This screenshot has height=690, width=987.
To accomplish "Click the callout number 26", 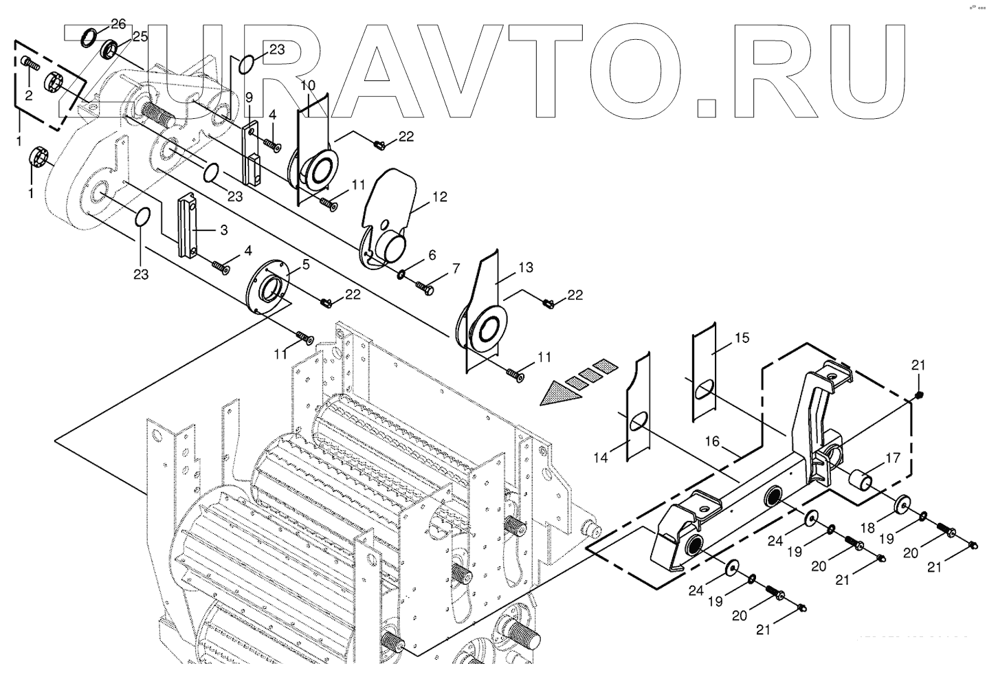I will (x=118, y=24).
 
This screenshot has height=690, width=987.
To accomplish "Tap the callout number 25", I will (x=140, y=36).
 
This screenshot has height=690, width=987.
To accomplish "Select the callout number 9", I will (x=249, y=97).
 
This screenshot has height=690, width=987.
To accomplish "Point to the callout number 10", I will (x=307, y=85).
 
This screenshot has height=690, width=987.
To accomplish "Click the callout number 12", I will (x=440, y=197).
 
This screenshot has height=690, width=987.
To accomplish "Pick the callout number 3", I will (x=224, y=231).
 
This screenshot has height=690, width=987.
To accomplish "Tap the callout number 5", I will (x=306, y=263).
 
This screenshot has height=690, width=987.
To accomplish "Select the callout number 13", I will (x=526, y=267).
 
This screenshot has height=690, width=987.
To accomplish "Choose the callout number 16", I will (x=712, y=441).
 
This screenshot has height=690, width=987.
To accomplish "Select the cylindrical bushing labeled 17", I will (x=859, y=479).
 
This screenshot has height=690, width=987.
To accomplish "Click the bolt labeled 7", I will (x=424, y=288).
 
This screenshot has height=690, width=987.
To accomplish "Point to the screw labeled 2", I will (x=28, y=64).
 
